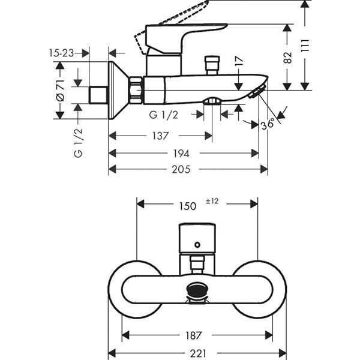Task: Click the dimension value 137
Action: click(x=160, y=136)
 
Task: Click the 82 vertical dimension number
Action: click(x=288, y=57)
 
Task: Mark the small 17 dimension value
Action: click(x=239, y=62)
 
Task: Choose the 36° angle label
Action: click(x=268, y=124)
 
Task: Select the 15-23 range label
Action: click(x=61, y=53)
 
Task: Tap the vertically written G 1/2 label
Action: click(x=77, y=143)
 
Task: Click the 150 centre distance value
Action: click(x=187, y=206)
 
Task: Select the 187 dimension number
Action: click(x=193, y=335)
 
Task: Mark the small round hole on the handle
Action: click(x=197, y=245)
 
